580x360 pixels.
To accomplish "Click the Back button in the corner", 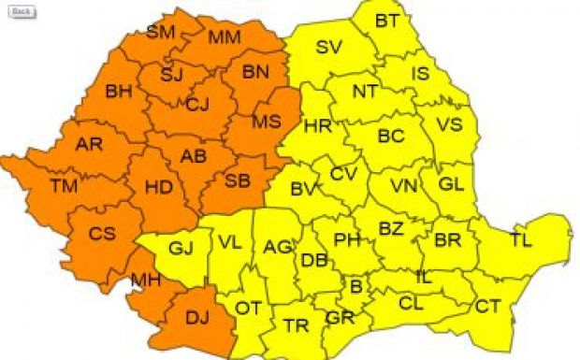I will (x=22, y=12).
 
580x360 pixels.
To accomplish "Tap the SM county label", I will (x=160, y=33).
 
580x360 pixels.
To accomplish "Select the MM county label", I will (x=224, y=37).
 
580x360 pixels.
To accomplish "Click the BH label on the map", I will (x=119, y=92).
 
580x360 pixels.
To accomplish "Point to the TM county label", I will (x=64, y=186).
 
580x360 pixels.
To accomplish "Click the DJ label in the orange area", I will (x=196, y=319).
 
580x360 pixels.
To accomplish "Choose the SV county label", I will (x=328, y=48).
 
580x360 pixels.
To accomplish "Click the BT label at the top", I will (x=386, y=21).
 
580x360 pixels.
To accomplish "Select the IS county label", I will (x=420, y=73).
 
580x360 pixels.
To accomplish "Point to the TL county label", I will (x=521, y=240).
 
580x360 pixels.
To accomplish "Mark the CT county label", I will (x=487, y=306).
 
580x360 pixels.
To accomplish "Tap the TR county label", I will (x=297, y=326).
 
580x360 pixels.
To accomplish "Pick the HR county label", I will (x=317, y=126).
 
